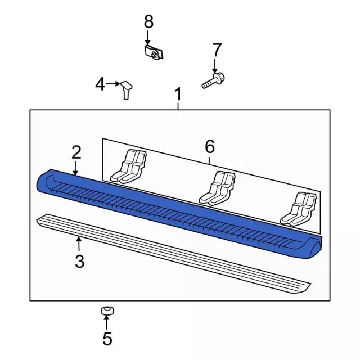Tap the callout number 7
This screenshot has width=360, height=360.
[x=217, y=50]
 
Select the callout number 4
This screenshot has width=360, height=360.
[x=100, y=84]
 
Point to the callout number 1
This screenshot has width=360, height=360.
[x=178, y=94]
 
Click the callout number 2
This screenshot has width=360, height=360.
[x=76, y=152]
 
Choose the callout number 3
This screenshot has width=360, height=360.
[x=80, y=261]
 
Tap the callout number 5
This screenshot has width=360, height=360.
[x=107, y=339]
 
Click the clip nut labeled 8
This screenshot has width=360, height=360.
[x=154, y=52]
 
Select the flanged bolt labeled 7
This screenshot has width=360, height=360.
[x=213, y=80]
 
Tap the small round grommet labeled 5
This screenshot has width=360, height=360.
[x=107, y=310]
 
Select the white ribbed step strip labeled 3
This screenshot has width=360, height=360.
[x=174, y=254]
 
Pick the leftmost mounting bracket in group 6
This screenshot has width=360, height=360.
[x=129, y=166]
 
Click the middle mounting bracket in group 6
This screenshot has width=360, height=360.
[x=218, y=188]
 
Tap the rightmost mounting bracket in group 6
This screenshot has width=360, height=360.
[x=299, y=209]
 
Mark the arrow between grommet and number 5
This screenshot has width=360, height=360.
[x=106, y=323]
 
